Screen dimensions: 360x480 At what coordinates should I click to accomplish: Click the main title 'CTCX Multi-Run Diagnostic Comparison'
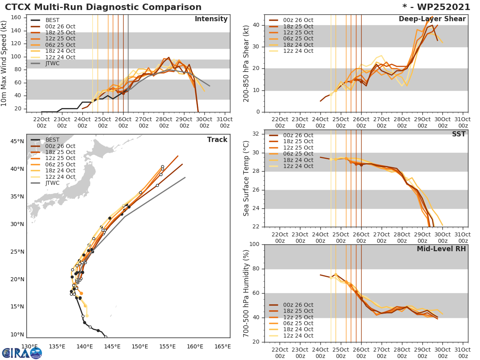103,7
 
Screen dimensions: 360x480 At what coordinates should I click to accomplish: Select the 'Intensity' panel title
211,19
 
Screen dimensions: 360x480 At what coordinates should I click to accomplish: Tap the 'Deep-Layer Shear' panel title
432,19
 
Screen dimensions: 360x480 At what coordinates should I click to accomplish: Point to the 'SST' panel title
459,134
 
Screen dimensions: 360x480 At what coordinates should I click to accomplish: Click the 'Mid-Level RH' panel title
441,249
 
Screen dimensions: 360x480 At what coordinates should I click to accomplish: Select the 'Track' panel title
217,140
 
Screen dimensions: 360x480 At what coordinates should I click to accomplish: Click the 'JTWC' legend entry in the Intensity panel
52,63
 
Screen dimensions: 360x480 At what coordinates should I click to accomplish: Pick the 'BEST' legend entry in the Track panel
52,140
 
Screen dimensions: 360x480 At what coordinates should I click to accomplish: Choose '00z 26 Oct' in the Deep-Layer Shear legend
298,20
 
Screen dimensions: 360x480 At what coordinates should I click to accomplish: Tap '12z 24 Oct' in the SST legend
298,166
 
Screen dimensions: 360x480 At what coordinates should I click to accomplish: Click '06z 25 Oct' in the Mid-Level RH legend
298,323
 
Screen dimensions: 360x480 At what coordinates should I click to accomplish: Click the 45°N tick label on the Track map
17,141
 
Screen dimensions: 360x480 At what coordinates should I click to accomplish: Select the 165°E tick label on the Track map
222,346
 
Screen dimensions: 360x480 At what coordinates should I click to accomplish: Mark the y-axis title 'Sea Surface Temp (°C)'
246,178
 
